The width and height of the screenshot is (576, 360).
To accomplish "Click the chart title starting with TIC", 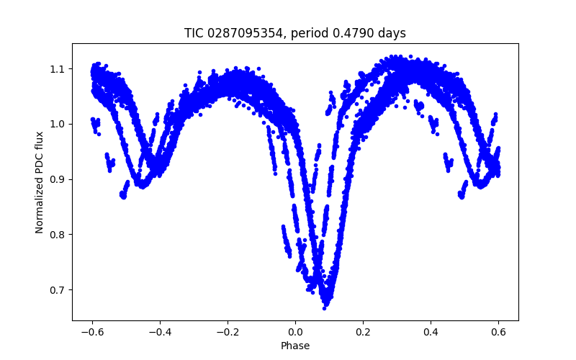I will [295, 33].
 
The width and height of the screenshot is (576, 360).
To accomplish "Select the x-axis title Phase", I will [295, 346].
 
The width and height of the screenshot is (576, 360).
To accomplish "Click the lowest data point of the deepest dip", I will [325, 307].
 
